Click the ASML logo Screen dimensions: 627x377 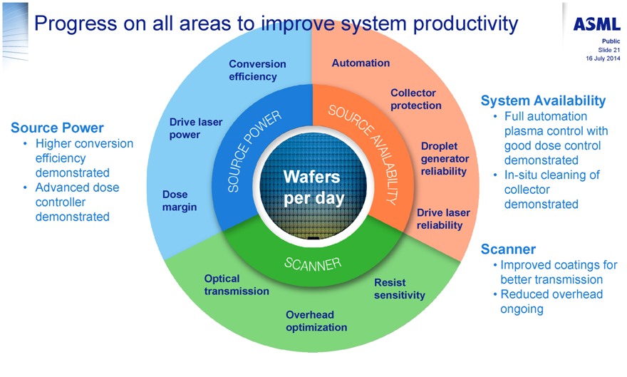point(596,24)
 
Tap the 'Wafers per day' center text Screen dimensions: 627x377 point(313,187)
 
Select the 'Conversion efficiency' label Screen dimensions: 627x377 point(257,70)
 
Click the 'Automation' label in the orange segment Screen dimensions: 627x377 point(361,63)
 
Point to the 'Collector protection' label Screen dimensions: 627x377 point(416,99)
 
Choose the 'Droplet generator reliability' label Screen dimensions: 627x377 point(445,158)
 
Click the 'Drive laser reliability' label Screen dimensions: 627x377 point(443,219)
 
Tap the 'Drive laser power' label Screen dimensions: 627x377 point(195,128)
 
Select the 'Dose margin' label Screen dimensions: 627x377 point(179,200)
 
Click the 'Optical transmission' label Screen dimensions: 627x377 point(237,284)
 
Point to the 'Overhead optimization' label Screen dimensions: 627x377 point(316,321)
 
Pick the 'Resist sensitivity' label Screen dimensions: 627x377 point(399,289)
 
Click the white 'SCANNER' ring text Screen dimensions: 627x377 point(313,264)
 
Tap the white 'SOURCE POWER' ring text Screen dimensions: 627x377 point(254,150)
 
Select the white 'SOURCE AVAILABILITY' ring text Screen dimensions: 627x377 point(365,154)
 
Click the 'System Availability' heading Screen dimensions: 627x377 point(543,100)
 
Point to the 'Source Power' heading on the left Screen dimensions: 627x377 point(57,128)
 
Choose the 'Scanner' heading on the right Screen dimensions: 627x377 point(508,249)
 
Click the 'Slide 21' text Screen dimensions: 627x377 point(608,50)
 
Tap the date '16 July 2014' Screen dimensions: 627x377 point(603,58)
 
